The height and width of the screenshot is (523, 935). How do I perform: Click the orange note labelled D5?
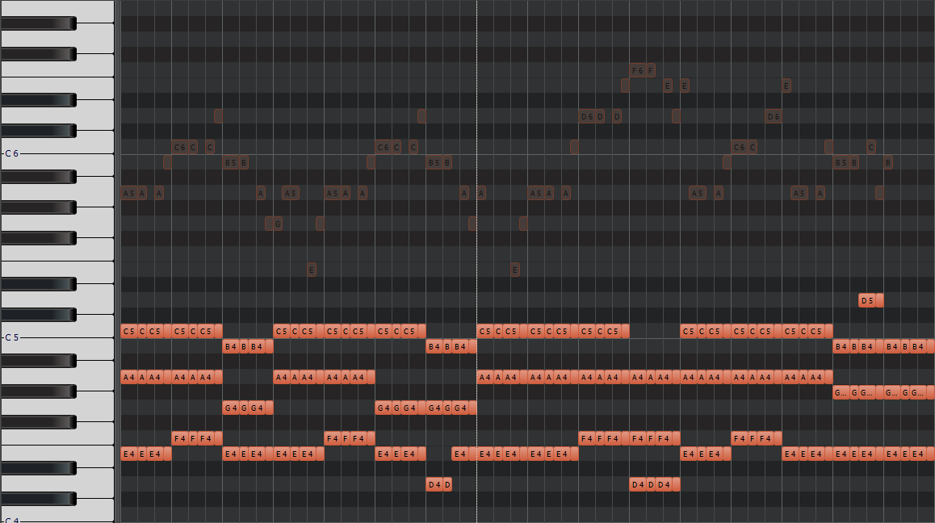coord(867,300)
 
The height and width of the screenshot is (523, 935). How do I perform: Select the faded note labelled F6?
coord(638,70)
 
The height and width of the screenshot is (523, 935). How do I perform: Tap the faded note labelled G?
coord(275,224)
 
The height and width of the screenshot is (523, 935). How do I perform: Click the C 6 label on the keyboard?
coord(12,153)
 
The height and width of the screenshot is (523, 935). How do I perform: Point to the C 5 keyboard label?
coord(12,337)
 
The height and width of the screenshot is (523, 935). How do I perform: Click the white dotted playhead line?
coord(476,242)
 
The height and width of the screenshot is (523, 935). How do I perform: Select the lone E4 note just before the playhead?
coord(459,454)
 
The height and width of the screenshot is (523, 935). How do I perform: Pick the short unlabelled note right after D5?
coord(879,300)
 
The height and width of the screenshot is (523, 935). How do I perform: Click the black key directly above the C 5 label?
coord(38,315)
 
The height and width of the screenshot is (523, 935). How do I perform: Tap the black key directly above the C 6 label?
coord(38,131)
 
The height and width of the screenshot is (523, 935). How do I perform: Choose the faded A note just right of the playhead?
coord(481,193)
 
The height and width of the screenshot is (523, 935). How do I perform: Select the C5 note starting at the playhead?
coord(485,331)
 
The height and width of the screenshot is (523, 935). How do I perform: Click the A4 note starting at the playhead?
coord(485,377)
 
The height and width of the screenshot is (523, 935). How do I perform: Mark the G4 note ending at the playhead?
coord(461,408)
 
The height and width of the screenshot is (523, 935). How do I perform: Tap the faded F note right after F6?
coord(651,70)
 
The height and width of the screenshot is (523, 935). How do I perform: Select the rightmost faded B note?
coord(888,162)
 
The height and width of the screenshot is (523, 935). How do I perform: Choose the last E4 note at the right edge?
coord(918,454)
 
